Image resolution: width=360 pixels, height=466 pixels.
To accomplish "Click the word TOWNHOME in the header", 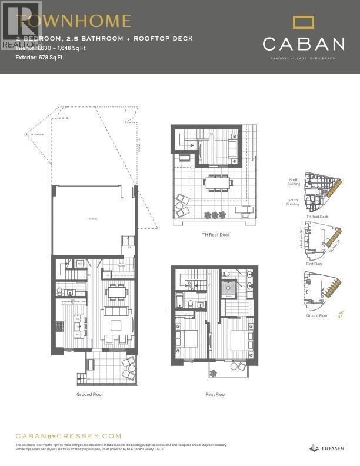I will pyautogui.click(x=74, y=22).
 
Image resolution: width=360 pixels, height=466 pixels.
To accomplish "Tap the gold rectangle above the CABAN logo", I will pyautogui.click(x=304, y=24).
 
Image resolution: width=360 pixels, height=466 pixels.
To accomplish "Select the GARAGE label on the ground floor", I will pyautogui.click(x=94, y=218).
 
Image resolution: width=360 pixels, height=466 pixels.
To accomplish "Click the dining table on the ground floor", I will pyautogui.click(x=116, y=291).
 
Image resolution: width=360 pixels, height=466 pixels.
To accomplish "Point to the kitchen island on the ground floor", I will pyautogui.click(x=77, y=325).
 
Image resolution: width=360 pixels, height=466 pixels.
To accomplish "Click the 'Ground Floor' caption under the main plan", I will pyautogui.click(x=89, y=394).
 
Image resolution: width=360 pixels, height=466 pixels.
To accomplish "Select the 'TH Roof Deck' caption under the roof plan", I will pyautogui.click(x=215, y=234).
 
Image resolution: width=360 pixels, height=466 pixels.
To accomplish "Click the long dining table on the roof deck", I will pyautogui.click(x=218, y=183).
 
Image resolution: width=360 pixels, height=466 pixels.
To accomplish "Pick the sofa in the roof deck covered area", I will pyautogui.click(x=232, y=147).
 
